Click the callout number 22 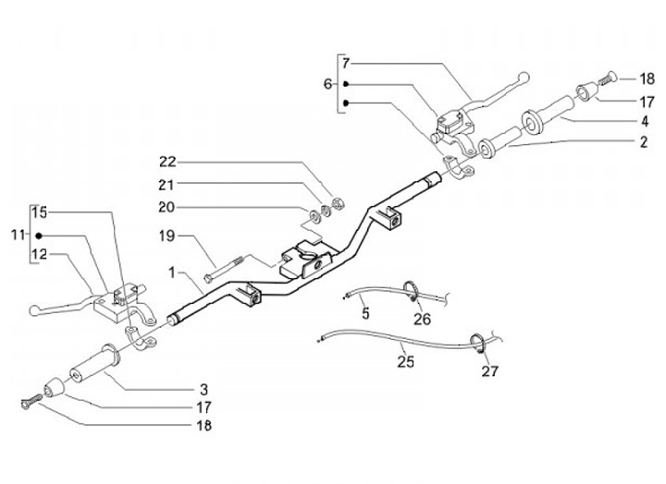166,159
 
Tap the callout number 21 166,183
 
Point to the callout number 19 166,236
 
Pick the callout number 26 422,321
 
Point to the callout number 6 327,84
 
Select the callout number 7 346,64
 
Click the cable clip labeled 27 479,343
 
